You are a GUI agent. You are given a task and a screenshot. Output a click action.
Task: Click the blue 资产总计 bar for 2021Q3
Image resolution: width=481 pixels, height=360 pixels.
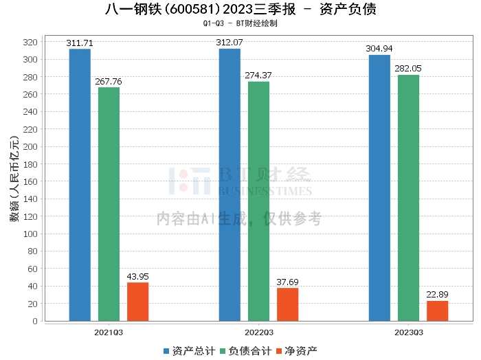point(80,185)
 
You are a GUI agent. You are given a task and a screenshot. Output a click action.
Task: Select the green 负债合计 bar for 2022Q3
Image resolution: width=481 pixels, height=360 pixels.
point(259,201)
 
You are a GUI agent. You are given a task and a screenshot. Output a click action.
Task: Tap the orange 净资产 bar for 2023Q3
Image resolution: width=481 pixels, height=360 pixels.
point(437,311)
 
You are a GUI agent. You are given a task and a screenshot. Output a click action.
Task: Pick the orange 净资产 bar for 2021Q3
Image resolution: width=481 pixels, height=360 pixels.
point(137,302)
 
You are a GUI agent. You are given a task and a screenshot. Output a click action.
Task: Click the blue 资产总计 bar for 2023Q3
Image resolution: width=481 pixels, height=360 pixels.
point(379,188)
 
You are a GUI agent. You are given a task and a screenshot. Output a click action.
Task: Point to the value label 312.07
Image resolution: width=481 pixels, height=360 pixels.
point(230,43)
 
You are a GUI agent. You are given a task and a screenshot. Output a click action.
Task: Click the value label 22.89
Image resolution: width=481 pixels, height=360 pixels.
point(437,295)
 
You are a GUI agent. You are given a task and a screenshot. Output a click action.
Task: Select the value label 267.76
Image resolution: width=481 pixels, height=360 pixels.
point(109,81)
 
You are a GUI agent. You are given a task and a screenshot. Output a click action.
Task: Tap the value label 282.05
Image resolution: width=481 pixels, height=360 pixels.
point(408,69)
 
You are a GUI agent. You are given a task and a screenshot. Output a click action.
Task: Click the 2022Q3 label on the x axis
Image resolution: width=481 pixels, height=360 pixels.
point(258,332)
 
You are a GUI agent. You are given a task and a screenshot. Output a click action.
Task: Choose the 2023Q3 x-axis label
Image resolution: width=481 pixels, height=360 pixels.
point(408,332)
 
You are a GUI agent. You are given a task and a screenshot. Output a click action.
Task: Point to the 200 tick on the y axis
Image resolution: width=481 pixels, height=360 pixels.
point(30,146)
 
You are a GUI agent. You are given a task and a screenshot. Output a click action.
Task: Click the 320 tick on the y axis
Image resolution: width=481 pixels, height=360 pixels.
point(30,42)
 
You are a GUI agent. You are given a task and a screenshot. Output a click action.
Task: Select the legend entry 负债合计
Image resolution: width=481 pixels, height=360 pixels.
point(244,350)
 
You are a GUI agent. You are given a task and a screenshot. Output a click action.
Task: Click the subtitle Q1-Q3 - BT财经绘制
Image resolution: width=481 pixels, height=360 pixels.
point(240,23)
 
